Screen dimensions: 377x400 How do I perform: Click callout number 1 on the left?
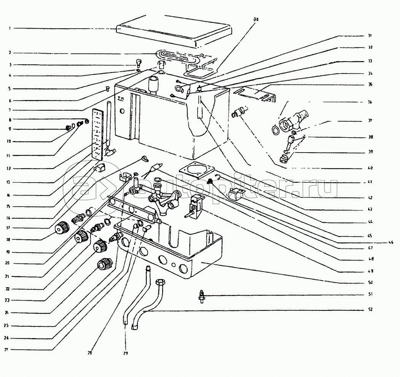pyautogui.click(x=11, y=28)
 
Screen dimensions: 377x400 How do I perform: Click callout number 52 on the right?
pyautogui.click(x=370, y=309)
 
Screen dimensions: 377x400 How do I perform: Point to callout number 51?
pyautogui.click(x=370, y=294)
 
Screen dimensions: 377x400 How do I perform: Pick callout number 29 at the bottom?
pyautogui.click(x=126, y=353)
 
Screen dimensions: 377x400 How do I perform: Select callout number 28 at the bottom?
pyautogui.click(x=90, y=353)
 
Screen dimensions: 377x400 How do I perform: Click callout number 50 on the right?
pyautogui.click(x=370, y=282)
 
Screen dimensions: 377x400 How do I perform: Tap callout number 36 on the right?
pyautogui.click(x=370, y=102)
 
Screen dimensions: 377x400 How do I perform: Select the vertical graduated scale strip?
pyautogui.click(x=98, y=133)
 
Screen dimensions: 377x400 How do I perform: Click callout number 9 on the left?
pyautogui.click(x=11, y=129)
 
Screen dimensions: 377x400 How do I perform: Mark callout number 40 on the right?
pyautogui.click(x=370, y=167)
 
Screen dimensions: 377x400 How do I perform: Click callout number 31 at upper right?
pyautogui.click(x=370, y=36)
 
